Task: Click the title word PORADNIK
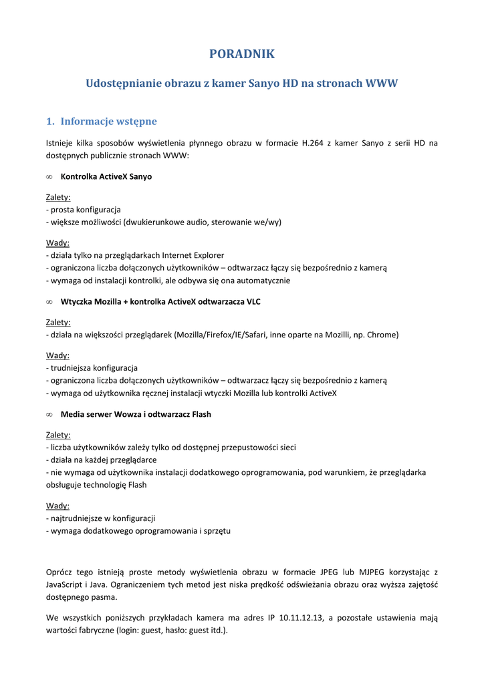242,54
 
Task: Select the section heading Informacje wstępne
108,121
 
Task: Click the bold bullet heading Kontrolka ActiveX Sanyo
106,176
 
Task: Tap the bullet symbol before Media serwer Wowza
49,414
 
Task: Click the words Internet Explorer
193,255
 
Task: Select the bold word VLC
253,301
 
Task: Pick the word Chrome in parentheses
382,335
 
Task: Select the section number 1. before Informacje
49,121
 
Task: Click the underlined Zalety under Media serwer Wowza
58,435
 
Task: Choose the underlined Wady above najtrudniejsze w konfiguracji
57,506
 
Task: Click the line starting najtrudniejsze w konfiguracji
100,518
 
